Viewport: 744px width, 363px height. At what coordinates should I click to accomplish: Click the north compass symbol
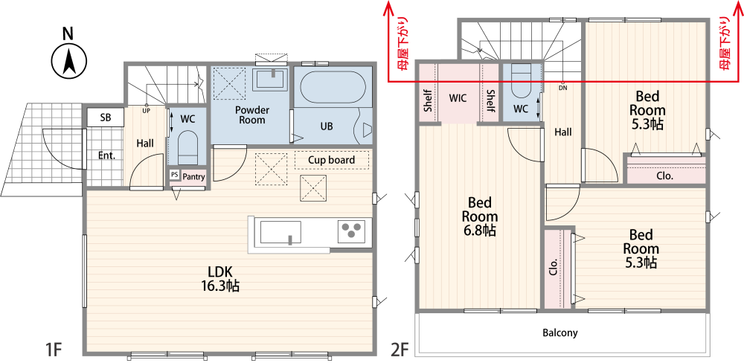[69, 61]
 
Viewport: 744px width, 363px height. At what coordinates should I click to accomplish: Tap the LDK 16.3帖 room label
[219, 279]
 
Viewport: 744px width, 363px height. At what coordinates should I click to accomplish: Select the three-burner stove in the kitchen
[352, 231]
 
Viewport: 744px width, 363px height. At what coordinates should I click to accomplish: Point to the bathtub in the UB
[333, 86]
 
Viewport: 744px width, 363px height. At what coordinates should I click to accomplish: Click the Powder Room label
[252, 115]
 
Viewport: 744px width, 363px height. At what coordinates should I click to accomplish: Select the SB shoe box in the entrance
[106, 118]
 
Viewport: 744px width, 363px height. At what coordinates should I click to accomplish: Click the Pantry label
[193, 177]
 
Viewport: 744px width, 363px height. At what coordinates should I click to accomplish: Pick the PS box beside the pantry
[174, 175]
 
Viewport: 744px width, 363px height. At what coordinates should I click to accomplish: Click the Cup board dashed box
[332, 160]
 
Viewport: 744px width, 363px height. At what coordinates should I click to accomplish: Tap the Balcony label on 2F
[560, 333]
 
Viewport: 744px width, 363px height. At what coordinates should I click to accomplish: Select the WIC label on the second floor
[458, 98]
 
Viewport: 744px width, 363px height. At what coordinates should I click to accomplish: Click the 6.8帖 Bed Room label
[480, 217]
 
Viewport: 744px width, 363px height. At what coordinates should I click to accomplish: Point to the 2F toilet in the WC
[521, 85]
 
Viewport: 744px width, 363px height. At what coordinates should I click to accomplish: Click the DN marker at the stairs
[562, 88]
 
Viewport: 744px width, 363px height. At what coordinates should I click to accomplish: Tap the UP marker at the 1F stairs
[146, 110]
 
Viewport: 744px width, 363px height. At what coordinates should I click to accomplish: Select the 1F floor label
[54, 350]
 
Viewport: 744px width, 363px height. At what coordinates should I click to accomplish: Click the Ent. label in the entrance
[107, 155]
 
